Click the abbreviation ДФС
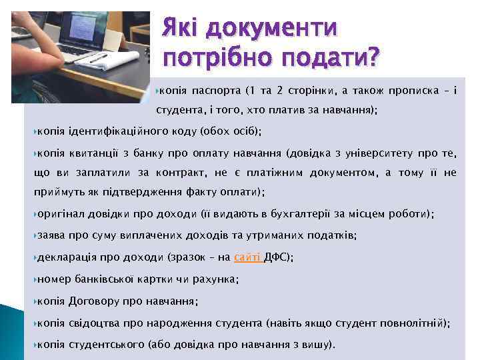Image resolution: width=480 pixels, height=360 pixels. (x=275, y=257)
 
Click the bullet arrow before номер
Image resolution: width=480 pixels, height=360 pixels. (x=35, y=279)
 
